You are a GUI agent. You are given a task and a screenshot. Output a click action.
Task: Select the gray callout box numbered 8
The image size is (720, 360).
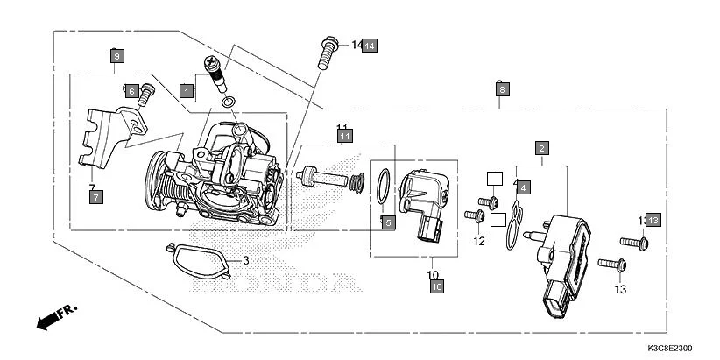(501, 89)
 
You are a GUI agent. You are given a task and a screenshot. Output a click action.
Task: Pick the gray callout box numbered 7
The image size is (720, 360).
(95, 197)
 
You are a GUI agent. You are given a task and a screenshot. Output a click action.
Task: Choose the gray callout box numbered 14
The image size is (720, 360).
(370, 45)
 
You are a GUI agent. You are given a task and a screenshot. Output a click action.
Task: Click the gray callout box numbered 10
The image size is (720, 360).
(437, 286)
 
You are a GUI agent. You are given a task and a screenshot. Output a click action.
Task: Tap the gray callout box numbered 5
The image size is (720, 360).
(386, 222)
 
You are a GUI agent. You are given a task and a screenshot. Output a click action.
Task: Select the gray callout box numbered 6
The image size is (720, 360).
(131, 90)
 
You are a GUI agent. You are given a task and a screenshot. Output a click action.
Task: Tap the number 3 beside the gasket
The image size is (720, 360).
(246, 260)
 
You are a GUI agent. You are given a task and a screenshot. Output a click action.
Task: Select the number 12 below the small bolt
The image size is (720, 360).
(479, 241)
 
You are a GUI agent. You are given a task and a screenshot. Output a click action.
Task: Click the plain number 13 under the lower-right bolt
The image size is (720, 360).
(620, 289)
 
